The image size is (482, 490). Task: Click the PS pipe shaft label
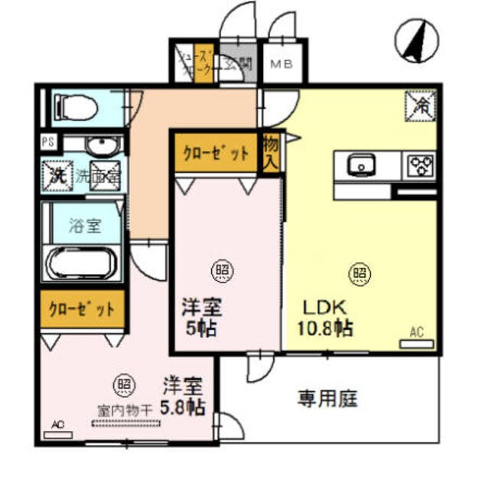47,142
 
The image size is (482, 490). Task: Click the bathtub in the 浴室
81,264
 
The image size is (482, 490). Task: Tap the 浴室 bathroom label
84,227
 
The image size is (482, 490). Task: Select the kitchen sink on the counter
359,165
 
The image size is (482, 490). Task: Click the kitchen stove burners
419,165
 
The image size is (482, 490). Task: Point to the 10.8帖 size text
324,330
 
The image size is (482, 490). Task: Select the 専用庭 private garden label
328,399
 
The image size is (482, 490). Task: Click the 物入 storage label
270,152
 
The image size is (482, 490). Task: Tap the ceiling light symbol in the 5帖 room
220,270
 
